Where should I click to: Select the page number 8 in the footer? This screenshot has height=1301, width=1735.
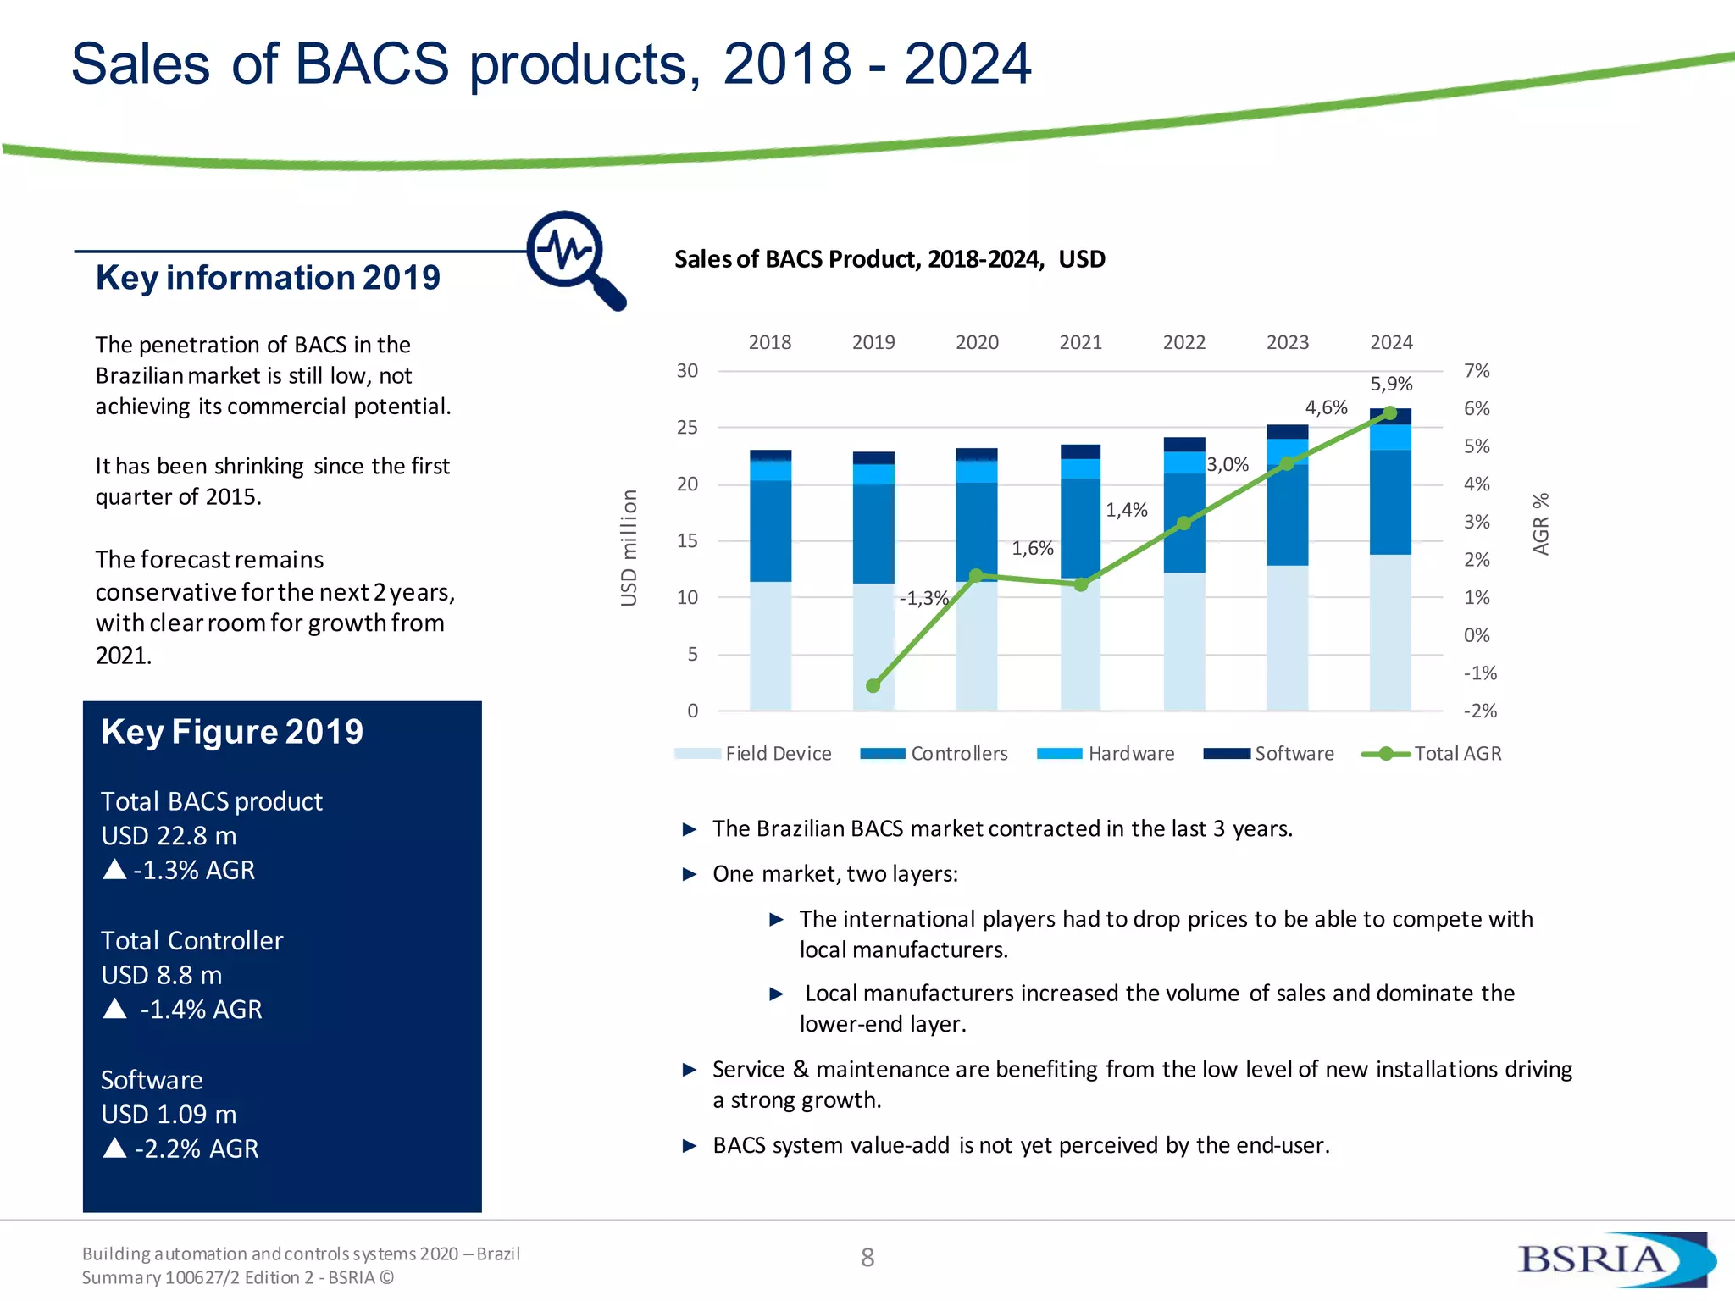click(867, 1258)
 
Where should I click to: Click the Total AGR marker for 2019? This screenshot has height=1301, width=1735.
click(873, 685)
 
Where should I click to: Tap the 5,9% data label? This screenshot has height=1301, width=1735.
click(1391, 384)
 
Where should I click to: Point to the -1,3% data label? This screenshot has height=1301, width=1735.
click(923, 598)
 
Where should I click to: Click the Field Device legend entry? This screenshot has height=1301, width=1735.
click(754, 754)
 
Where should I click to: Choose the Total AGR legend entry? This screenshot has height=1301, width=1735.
click(1432, 754)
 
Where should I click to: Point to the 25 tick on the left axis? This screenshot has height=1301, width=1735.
click(687, 428)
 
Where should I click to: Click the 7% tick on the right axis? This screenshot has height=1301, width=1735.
click(1477, 371)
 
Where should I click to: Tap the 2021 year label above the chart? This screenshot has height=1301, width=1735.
click(1080, 342)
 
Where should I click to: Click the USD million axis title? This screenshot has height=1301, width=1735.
click(628, 547)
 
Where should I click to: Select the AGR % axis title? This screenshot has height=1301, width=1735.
click(1541, 523)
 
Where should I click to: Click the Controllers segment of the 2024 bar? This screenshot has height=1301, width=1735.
click(1390, 501)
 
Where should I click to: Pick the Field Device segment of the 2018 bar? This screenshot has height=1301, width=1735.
click(770, 645)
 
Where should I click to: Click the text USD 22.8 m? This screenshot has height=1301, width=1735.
click(169, 836)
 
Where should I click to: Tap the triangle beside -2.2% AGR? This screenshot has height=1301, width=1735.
click(114, 1148)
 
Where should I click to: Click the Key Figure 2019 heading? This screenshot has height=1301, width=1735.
click(232, 732)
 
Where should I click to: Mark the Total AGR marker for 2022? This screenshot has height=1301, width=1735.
click(1183, 523)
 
